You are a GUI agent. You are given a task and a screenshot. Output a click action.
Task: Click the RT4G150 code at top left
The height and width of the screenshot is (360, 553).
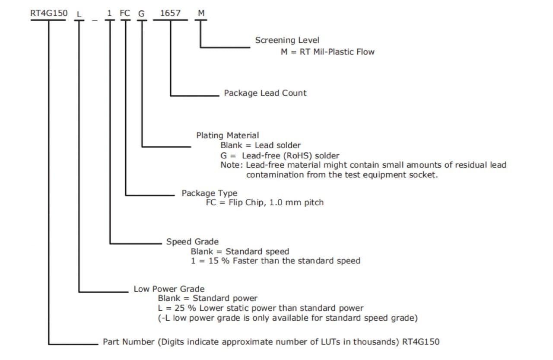click(49, 13)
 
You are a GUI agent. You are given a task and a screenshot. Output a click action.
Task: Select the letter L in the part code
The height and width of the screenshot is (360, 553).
click(78, 14)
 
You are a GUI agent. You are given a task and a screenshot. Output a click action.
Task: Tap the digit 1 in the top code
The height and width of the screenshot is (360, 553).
click(110, 13)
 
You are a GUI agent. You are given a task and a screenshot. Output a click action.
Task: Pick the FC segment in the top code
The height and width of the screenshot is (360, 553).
click(125, 13)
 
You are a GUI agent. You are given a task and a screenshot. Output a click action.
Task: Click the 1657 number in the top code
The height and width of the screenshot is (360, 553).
click(170, 13)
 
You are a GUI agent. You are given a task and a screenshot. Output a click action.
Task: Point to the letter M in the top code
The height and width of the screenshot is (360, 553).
click(201, 13)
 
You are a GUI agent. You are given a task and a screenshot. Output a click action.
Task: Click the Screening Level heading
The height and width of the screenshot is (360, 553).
click(287, 40)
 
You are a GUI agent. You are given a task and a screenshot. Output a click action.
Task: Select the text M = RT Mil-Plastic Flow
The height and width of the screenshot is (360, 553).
click(327, 52)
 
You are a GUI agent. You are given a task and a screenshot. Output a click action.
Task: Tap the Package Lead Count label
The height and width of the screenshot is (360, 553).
click(265, 93)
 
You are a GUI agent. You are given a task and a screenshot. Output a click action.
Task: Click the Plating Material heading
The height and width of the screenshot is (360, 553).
click(228, 136)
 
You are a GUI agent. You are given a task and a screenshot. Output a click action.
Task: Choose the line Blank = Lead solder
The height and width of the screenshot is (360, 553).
click(261, 145)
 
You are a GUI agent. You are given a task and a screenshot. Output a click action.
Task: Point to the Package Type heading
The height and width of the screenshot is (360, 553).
click(209, 193)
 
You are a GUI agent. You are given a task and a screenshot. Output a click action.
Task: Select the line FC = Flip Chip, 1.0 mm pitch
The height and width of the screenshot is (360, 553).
click(264, 202)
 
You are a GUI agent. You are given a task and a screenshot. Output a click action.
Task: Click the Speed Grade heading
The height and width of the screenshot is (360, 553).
click(192, 242)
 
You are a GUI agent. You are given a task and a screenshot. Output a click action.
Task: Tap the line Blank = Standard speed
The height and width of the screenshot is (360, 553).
click(240, 251)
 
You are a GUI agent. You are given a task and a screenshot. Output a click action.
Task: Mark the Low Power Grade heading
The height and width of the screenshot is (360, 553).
click(169, 289)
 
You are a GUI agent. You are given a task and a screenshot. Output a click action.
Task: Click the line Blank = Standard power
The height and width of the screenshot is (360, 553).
click(207, 298)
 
